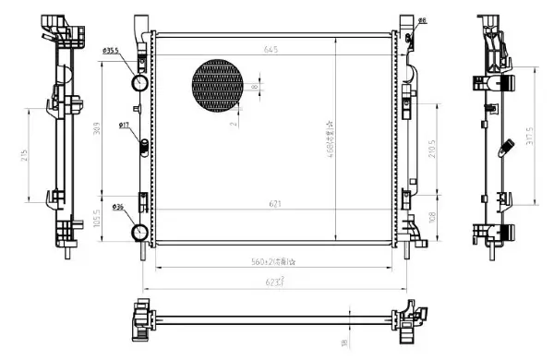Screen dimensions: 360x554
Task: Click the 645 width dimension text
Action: (x=271, y=49)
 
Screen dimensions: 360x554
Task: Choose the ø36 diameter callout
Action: (x=119, y=205)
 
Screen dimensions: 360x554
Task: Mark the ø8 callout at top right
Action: (x=421, y=19)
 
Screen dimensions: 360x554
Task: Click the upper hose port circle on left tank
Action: (x=140, y=83)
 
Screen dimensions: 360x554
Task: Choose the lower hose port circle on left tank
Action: (x=139, y=231)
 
